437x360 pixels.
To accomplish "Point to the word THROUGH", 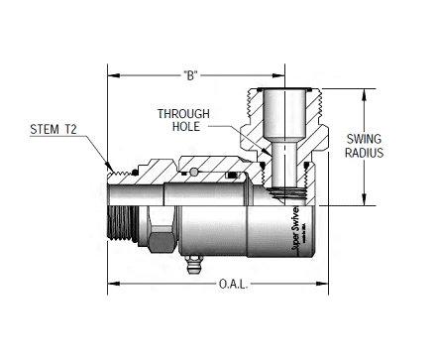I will click(183, 113).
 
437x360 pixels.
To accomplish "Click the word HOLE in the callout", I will click(183, 126).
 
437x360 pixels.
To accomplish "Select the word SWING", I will click(366, 139).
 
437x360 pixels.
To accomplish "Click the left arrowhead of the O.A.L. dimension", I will click(112, 285).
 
